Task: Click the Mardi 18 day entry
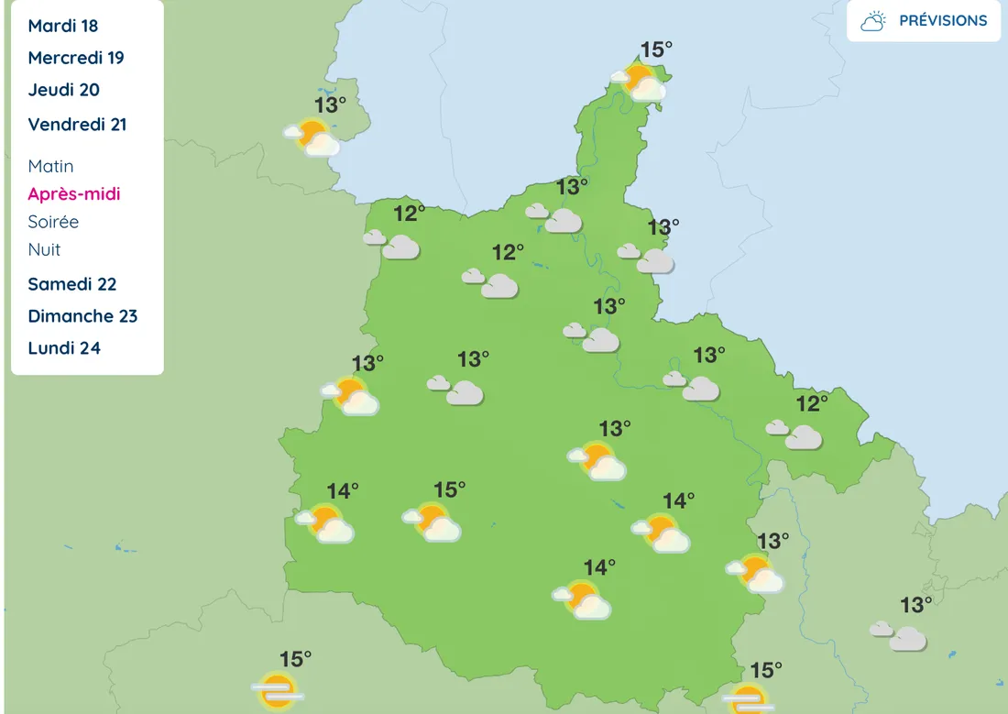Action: click(62, 26)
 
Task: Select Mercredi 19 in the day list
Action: click(76, 58)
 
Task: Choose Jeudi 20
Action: click(64, 90)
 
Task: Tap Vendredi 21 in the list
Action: click(77, 125)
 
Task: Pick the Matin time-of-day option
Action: click(50, 166)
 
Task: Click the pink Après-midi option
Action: click(74, 194)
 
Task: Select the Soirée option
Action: click(53, 222)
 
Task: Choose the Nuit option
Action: click(44, 249)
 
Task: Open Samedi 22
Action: click(72, 284)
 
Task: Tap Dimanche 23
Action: click(82, 316)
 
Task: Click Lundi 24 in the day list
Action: click(64, 348)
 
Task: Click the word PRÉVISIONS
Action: click(943, 21)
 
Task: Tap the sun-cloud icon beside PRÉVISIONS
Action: click(873, 21)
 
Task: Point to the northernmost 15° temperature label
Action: click(656, 49)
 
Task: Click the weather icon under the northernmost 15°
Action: click(639, 82)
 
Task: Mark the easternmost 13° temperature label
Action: click(915, 605)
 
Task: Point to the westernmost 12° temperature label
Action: click(410, 214)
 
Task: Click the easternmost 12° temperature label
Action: click(812, 402)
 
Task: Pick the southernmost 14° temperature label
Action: click(599, 568)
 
